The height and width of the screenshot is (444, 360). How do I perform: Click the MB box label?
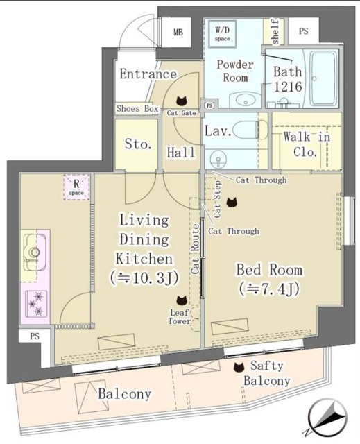(178, 33)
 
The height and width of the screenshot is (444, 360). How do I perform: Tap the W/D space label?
(222, 33)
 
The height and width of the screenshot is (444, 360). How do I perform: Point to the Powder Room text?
(235, 70)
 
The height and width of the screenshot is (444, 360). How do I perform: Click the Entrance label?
(148, 74)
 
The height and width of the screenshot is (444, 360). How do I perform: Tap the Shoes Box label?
(137, 109)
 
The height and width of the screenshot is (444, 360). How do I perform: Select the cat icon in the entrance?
(182, 100)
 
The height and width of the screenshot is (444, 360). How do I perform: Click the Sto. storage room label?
(137, 145)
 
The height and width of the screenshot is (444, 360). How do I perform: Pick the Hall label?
(182, 152)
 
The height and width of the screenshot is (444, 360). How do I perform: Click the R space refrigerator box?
(76, 187)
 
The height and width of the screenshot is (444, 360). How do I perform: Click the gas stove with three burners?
(34, 302)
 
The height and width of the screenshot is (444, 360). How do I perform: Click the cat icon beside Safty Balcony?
(239, 366)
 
